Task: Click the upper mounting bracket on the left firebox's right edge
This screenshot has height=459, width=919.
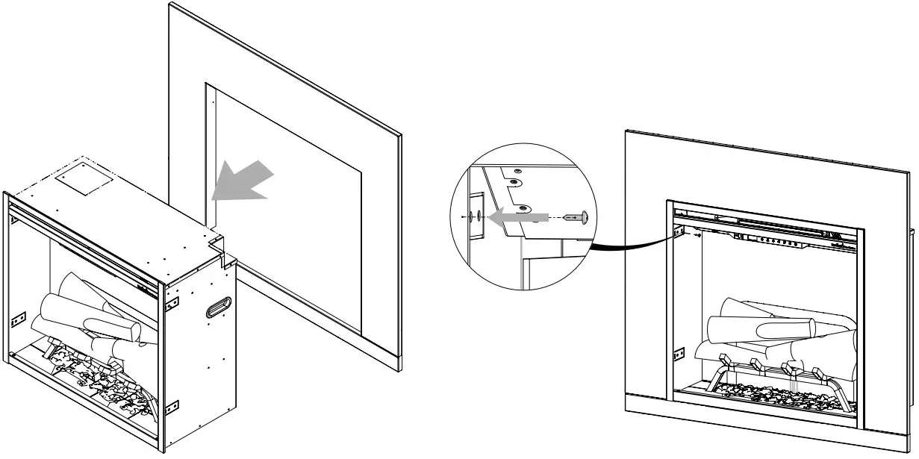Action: coord(172,302)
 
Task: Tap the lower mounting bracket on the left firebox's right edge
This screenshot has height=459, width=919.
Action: coord(172,407)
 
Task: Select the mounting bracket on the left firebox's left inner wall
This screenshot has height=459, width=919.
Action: coord(19,318)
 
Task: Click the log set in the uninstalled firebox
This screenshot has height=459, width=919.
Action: coord(90,313)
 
